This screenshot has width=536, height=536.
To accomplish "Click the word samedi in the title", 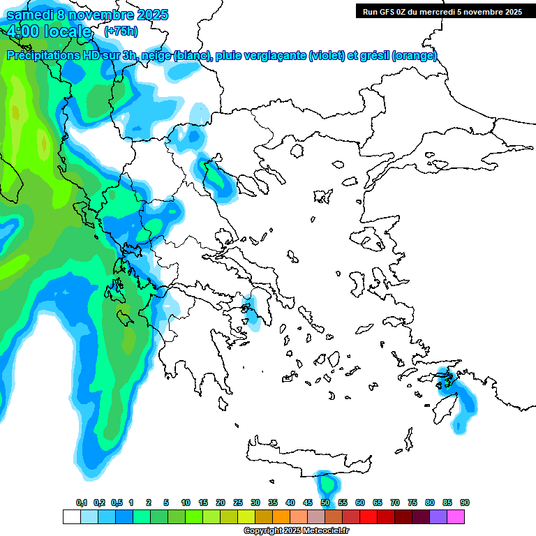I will tap(29, 15).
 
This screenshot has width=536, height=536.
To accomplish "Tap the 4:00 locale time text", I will tap(49, 31).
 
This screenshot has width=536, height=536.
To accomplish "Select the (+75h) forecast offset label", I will tap(121, 31).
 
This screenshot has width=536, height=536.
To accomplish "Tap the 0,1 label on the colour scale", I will tap(81, 502).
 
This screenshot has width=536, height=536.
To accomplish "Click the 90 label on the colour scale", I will tap(464, 502).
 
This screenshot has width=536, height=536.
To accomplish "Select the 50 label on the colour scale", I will tap(325, 502).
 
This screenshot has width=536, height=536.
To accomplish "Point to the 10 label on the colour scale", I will tap(186, 502).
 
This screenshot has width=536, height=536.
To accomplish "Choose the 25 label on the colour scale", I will tap(238, 502).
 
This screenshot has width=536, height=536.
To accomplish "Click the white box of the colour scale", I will tap(71, 516).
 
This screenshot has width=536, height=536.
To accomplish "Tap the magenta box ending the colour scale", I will tap(456, 516).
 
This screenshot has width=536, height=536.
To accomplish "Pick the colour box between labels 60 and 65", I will tap(368, 516).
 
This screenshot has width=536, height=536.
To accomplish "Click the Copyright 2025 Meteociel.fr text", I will tap(297, 531).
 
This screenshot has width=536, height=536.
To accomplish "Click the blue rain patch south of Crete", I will tap(326, 483).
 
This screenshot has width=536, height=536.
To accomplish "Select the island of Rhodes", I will tap(462, 405).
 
